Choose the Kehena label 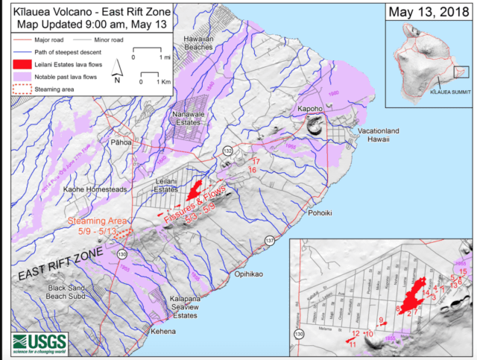[x=164, y=330]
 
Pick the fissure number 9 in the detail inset [x=380, y=320]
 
